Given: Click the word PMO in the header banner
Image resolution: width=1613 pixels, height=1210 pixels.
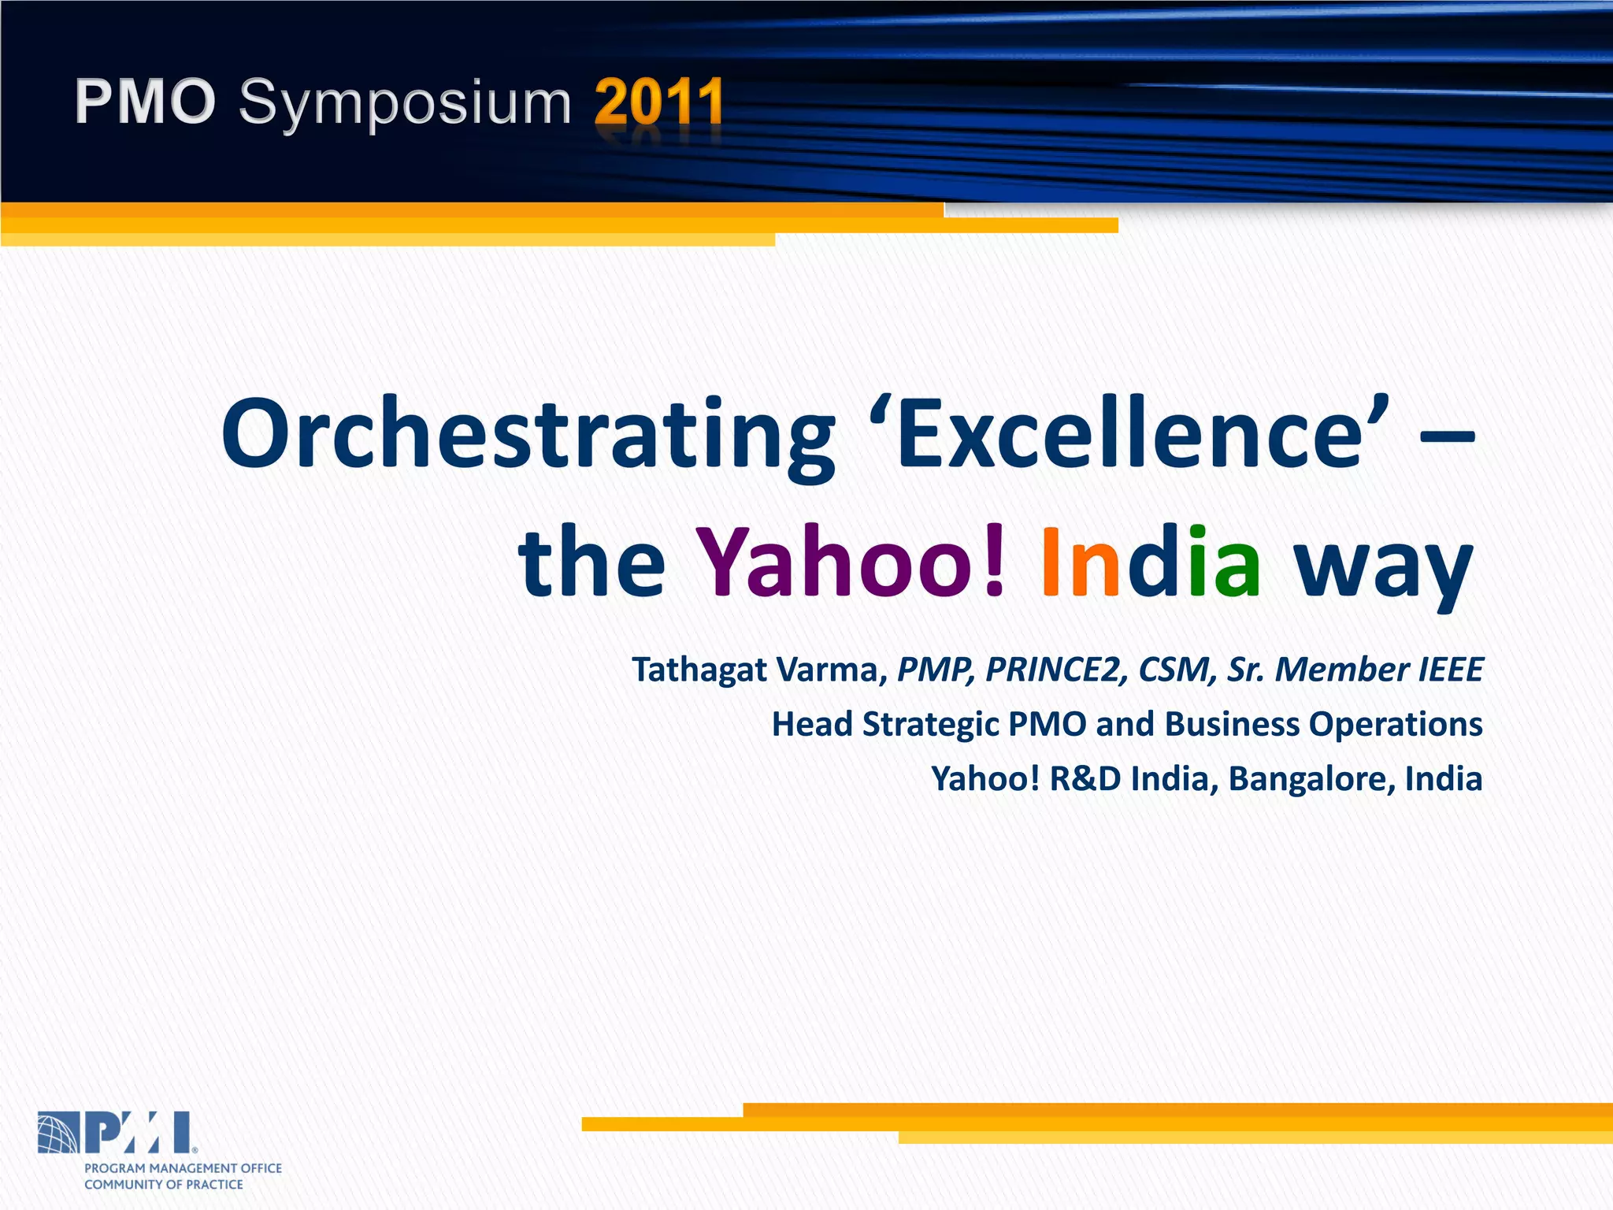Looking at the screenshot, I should pyautogui.click(x=145, y=102).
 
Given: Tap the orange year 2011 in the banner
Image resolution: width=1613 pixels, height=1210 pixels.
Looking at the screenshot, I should pyautogui.click(x=658, y=102).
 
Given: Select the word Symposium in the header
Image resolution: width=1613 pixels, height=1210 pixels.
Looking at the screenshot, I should pyautogui.click(x=405, y=104).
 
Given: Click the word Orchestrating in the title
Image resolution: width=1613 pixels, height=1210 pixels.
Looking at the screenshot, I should pyautogui.click(x=528, y=435).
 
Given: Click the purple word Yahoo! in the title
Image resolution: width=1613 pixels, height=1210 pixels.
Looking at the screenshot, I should pyautogui.click(x=851, y=561).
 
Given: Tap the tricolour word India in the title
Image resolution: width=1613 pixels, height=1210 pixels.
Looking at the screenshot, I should pyautogui.click(x=1150, y=561).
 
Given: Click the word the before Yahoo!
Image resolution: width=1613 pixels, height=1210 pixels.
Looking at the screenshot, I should pyautogui.click(x=591, y=561).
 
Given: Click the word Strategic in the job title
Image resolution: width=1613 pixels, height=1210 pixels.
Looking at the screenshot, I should pyautogui.click(x=930, y=725).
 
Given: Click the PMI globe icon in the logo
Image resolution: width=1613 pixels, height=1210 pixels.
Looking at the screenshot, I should pyautogui.click(x=58, y=1133).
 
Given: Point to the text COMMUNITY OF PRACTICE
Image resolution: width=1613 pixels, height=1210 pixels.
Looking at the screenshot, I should pyautogui.click(x=164, y=1185).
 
